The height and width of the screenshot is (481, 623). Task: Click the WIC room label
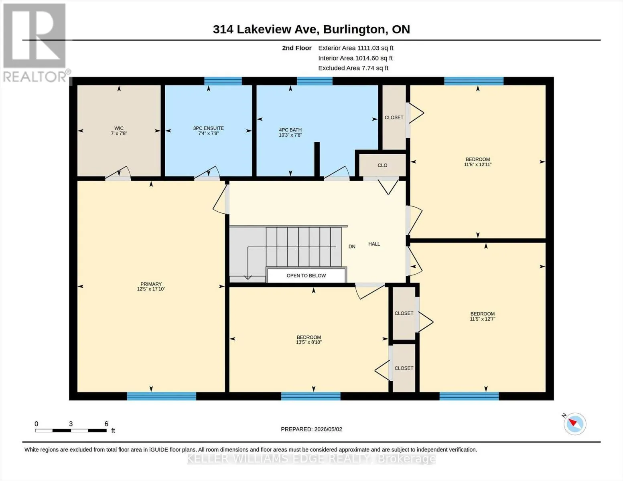click(x=119, y=128)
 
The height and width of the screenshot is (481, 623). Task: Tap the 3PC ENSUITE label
click(x=209, y=128)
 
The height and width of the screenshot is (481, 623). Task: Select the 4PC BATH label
click(x=290, y=130)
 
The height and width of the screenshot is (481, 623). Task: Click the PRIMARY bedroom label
click(x=151, y=284)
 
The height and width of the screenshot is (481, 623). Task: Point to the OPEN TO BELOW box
click(x=306, y=276)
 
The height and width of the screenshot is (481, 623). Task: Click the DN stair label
click(x=352, y=247)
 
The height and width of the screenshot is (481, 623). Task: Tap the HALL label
click(x=374, y=244)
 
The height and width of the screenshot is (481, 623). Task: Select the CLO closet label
click(x=382, y=165)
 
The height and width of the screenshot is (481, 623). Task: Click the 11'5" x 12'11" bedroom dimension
click(x=478, y=164)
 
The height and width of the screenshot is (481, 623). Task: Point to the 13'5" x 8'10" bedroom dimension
click(x=309, y=342)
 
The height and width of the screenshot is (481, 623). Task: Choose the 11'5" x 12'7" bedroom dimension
click(x=483, y=319)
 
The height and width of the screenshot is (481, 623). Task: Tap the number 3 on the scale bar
click(x=71, y=424)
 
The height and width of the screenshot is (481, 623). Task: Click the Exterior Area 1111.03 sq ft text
click(x=356, y=48)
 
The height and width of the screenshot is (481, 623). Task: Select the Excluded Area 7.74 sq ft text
click(x=353, y=68)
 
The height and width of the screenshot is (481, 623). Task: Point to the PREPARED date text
click(x=311, y=429)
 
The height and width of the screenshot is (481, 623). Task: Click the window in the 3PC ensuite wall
click(x=223, y=81)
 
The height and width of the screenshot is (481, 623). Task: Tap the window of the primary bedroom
click(x=161, y=396)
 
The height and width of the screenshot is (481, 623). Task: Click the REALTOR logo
click(x=36, y=43)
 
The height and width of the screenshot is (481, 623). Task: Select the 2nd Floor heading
click(x=297, y=48)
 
